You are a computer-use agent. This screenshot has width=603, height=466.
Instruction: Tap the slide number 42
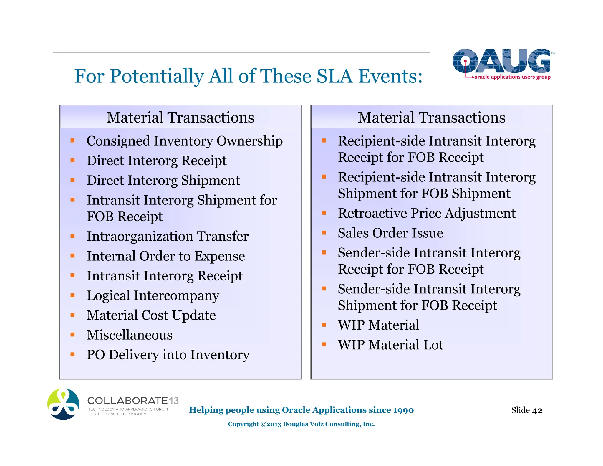(x=537, y=410)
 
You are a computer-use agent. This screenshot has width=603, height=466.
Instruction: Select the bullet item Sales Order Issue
(x=390, y=233)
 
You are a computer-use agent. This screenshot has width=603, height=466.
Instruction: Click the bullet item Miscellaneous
(x=130, y=335)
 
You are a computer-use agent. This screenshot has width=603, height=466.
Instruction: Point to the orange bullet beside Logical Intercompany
(x=73, y=295)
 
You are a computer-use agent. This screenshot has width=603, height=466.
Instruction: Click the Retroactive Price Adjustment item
(x=426, y=213)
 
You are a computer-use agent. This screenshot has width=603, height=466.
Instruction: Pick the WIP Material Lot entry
(x=390, y=345)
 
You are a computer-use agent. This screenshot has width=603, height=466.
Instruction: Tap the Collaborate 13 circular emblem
(x=63, y=404)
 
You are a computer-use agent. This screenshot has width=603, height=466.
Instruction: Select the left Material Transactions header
(x=180, y=117)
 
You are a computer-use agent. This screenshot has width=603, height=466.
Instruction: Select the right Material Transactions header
(x=431, y=117)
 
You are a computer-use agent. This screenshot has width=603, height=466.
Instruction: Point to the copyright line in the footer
(x=301, y=424)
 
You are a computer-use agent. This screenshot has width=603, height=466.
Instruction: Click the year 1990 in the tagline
(x=403, y=410)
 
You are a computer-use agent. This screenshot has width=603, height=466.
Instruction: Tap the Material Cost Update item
(x=151, y=315)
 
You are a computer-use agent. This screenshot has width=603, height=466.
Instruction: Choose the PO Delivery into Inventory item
(x=168, y=355)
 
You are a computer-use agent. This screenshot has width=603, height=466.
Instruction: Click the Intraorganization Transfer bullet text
(x=167, y=236)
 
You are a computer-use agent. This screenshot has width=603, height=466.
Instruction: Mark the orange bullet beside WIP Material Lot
(x=324, y=344)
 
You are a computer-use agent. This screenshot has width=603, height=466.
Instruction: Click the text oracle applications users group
(x=512, y=77)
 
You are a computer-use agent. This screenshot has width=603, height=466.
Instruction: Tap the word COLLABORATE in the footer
(x=127, y=401)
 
